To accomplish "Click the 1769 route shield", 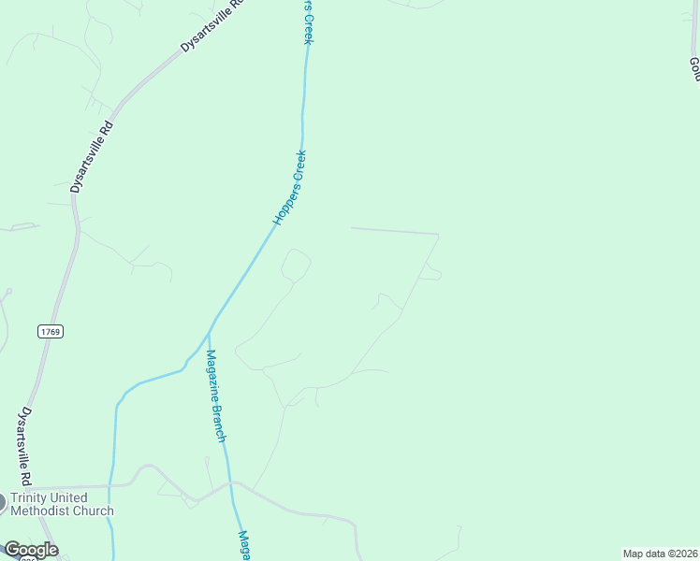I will click(51, 332).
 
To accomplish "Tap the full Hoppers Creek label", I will click(290, 187).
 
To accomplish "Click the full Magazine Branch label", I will click(216, 396).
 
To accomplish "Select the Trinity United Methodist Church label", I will click(62, 504).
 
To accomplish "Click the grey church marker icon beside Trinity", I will click(1, 503).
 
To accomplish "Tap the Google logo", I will click(30, 550).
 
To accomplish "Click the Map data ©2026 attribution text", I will click(661, 554).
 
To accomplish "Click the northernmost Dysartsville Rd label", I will click(212, 25).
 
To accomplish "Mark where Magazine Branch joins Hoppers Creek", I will click(208, 333).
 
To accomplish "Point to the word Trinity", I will click(30, 497).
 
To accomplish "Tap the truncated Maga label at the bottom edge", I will click(242, 545).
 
